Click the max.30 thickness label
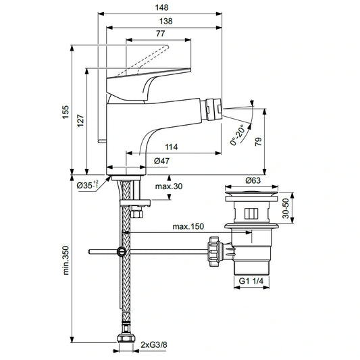click(x=169, y=186)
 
